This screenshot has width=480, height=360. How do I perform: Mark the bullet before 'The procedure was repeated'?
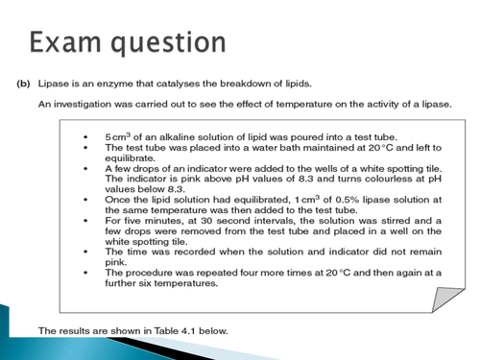(x=89, y=274)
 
